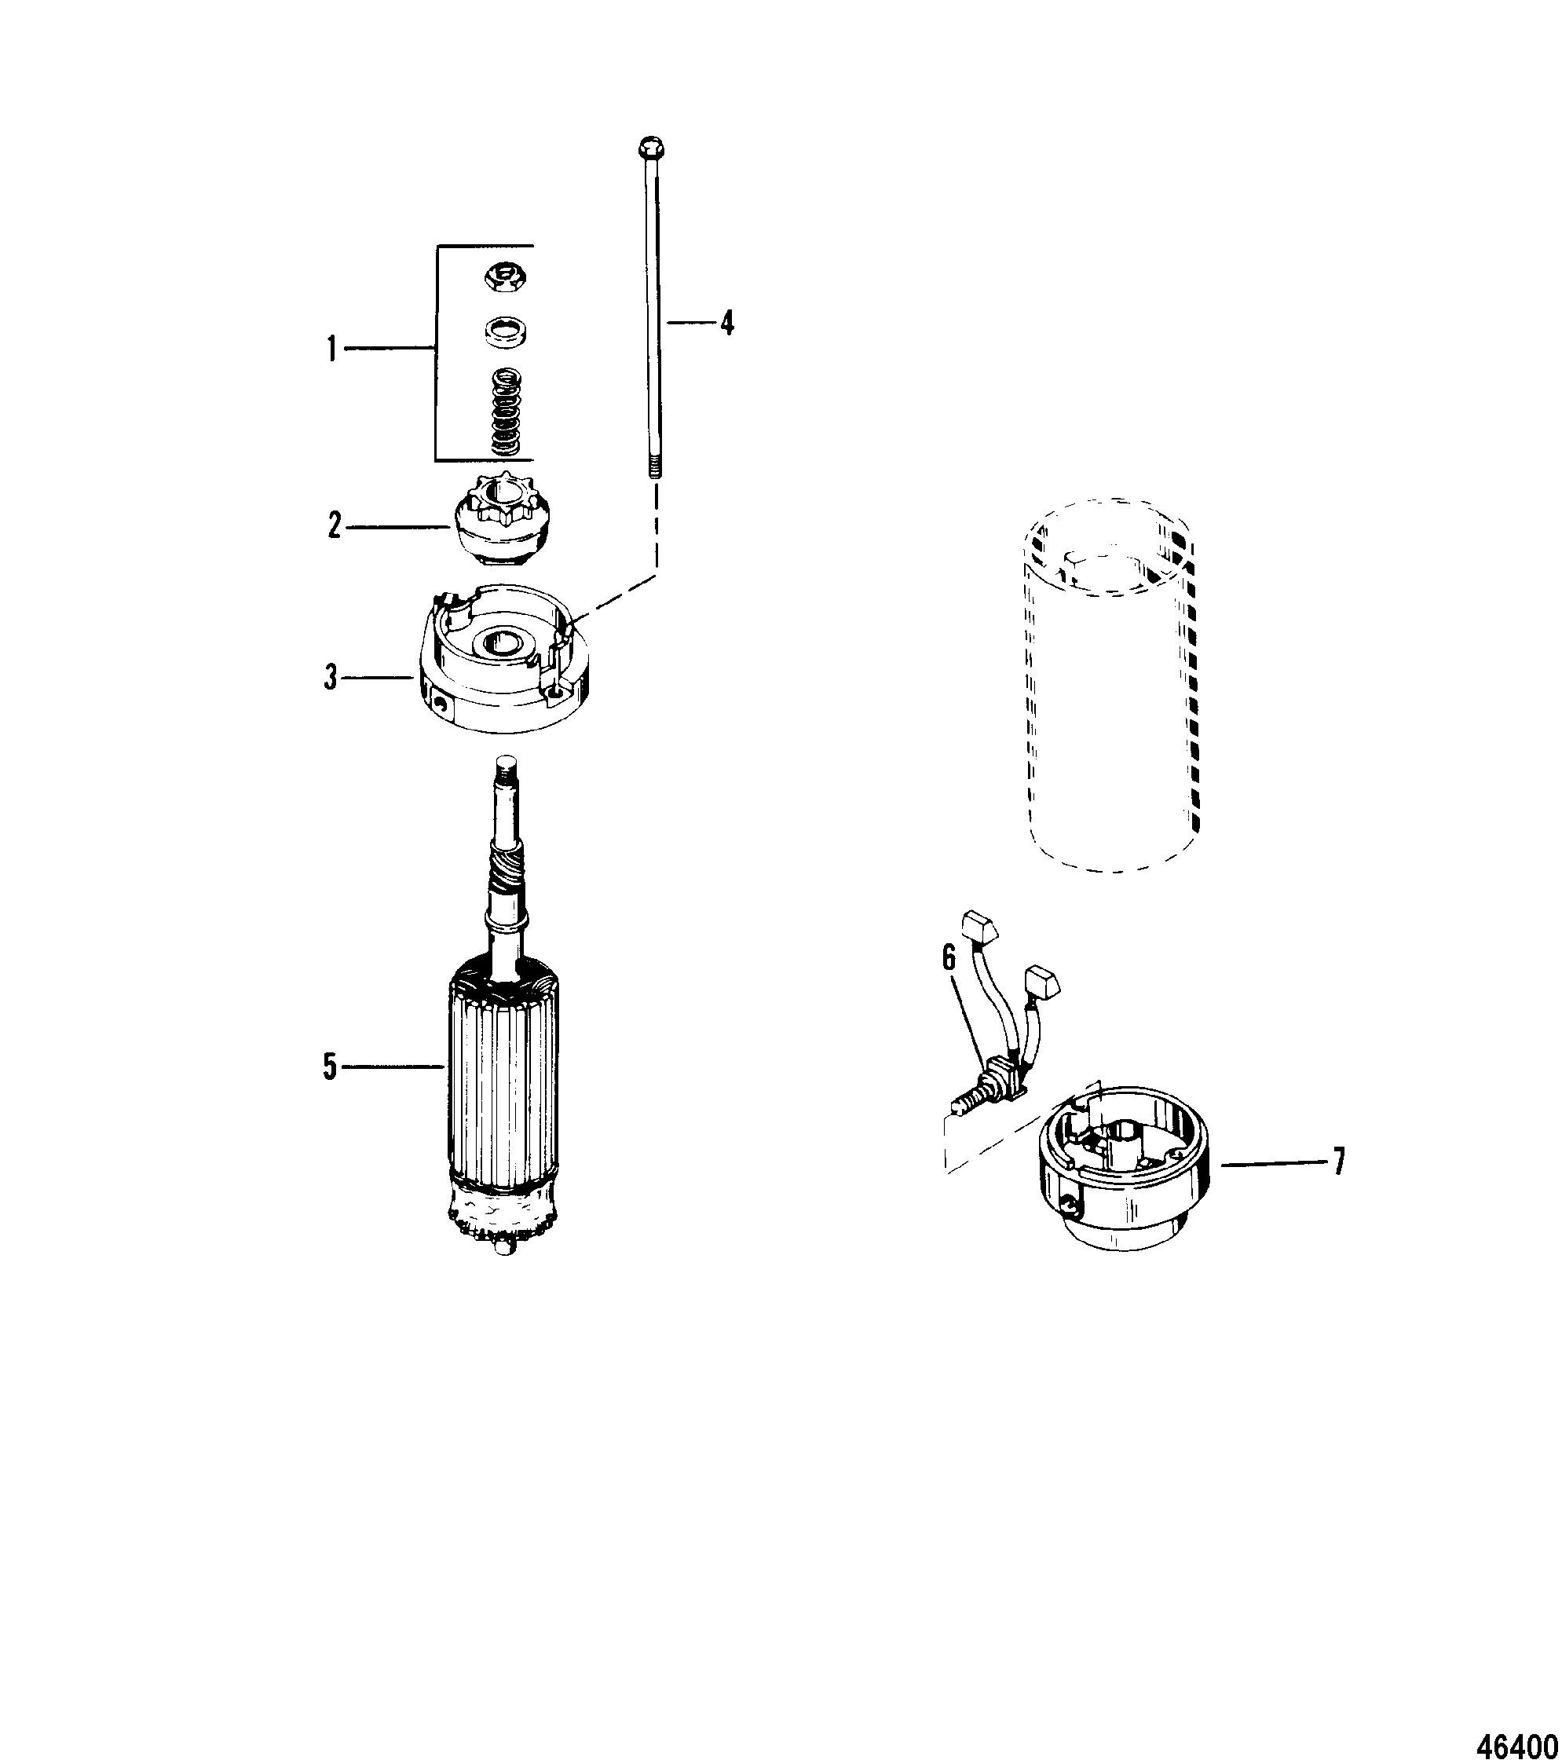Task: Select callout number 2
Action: click(x=334, y=525)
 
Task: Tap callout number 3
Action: click(x=331, y=678)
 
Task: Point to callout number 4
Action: click(x=728, y=323)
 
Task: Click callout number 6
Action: click(x=949, y=959)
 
